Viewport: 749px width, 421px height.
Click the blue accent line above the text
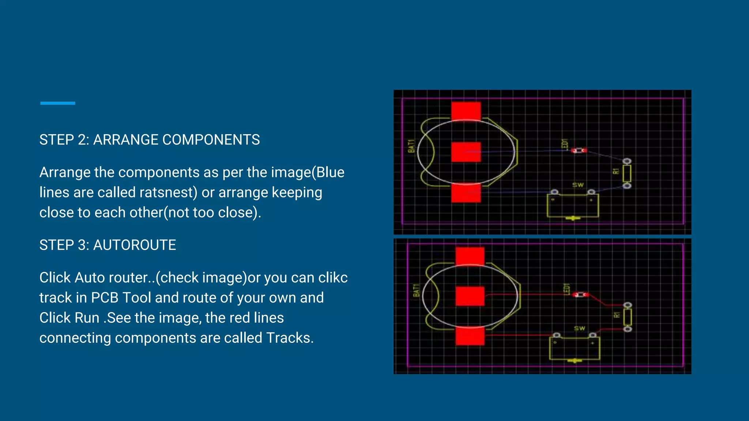(57, 103)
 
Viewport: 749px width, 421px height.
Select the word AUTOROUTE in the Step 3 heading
(135, 245)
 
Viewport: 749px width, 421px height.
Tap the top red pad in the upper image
(466, 111)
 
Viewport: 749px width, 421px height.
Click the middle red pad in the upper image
(466, 152)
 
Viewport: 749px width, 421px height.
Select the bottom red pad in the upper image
(466, 193)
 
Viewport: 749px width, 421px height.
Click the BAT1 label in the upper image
(411, 146)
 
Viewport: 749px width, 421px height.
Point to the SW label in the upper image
(578, 185)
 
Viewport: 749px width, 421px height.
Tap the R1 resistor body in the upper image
(626, 174)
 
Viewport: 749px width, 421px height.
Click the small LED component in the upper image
(579, 150)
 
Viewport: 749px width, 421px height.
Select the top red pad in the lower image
(470, 256)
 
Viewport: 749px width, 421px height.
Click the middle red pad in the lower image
(470, 296)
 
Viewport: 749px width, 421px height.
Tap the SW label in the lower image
(579, 328)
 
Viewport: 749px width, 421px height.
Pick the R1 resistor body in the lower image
(627, 317)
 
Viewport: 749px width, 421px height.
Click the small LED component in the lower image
(580, 295)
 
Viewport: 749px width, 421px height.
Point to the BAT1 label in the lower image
(416, 290)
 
